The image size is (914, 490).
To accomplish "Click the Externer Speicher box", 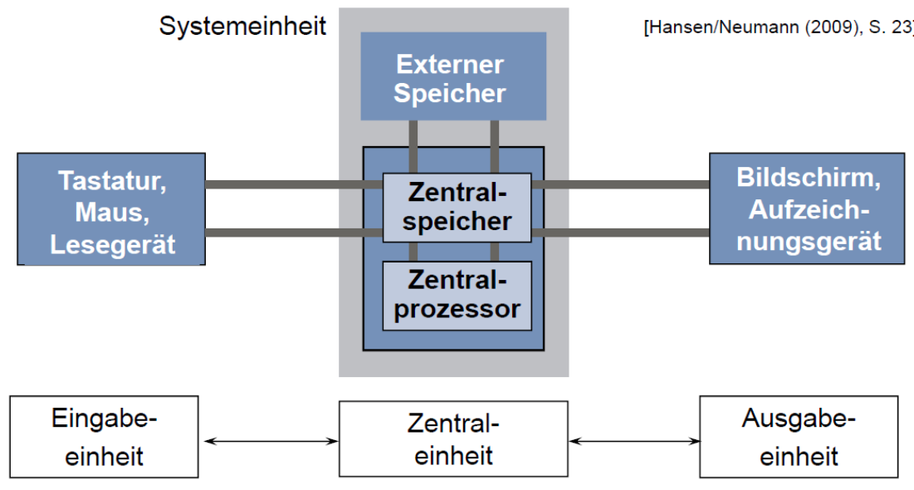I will (453, 77).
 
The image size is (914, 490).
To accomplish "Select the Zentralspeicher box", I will (457, 207).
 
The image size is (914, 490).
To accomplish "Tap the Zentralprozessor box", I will (457, 296).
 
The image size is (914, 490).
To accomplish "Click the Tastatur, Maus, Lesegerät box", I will (111, 209).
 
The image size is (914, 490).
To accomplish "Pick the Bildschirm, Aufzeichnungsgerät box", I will (806, 209).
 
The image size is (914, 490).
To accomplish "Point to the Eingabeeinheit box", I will (104, 437).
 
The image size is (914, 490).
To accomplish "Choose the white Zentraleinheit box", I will (453, 440).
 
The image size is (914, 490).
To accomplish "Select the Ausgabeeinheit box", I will (798, 437).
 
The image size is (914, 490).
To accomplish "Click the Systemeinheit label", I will (242, 26).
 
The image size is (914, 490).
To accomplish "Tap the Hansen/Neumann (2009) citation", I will (777, 27).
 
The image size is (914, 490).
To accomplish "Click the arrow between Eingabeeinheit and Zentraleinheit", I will (269, 441).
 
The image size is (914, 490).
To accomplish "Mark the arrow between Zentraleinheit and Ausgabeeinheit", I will (633, 441).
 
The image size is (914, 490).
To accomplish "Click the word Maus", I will (112, 212).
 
